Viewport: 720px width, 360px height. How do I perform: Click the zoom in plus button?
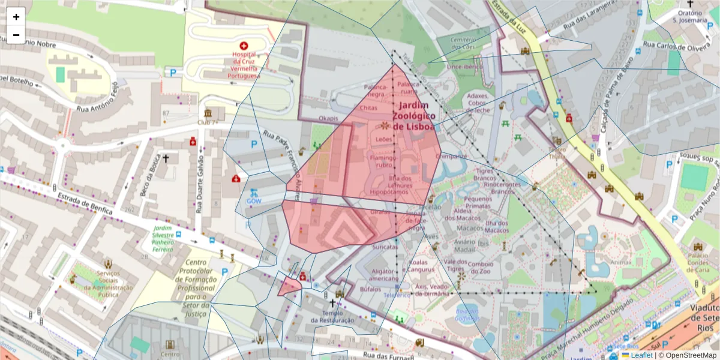click(16, 17)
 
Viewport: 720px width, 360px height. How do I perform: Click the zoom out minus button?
click(16, 35)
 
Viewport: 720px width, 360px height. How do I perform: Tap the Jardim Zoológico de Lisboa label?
click(413, 115)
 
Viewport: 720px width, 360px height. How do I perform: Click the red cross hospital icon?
click(244, 46)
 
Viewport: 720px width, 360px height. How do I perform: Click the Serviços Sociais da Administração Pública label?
click(108, 284)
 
